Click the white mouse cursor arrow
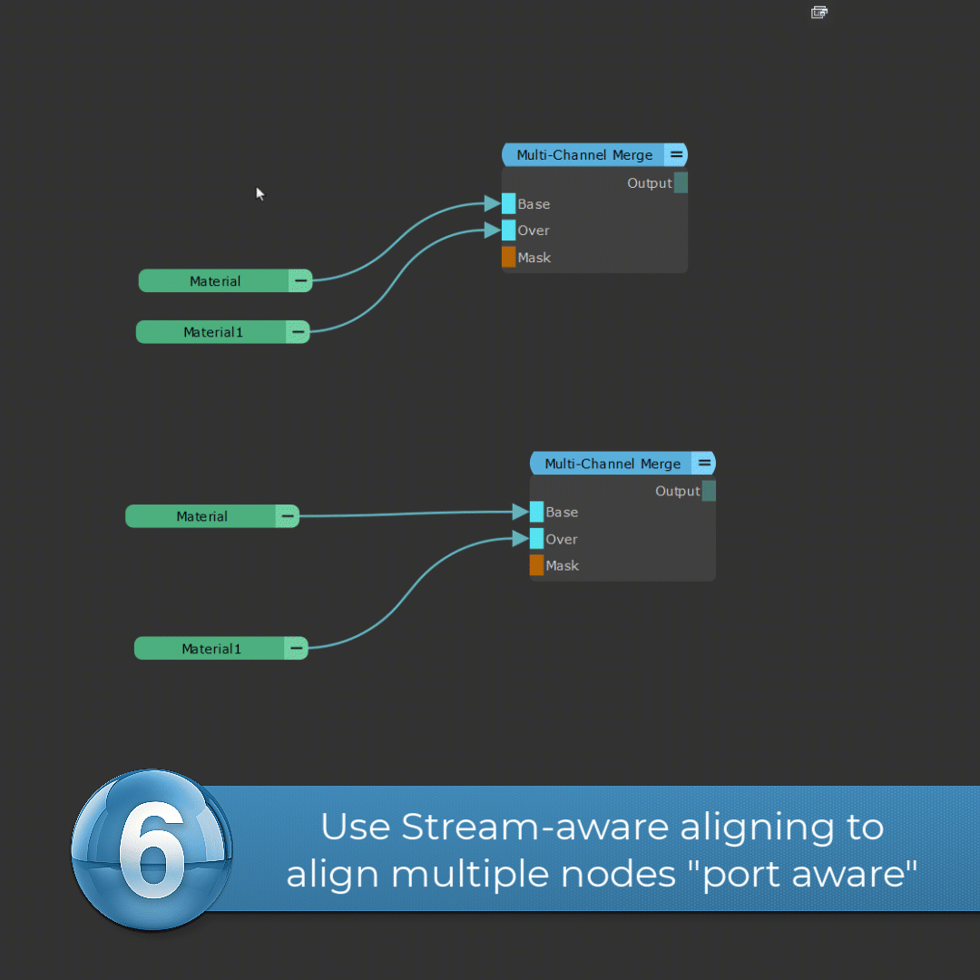click(x=260, y=193)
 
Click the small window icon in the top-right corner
click(x=818, y=12)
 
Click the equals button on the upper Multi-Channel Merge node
click(x=676, y=155)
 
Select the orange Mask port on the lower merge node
click(x=537, y=565)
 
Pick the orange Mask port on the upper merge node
click(x=509, y=257)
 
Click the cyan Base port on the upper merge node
click(x=509, y=203)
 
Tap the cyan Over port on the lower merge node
click(x=537, y=539)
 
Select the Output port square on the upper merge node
click(x=681, y=182)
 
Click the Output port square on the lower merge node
click(x=709, y=491)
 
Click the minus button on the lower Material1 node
click(x=296, y=648)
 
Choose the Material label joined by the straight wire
click(x=201, y=516)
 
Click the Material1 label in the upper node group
click(x=213, y=332)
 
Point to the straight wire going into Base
click(x=408, y=514)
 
